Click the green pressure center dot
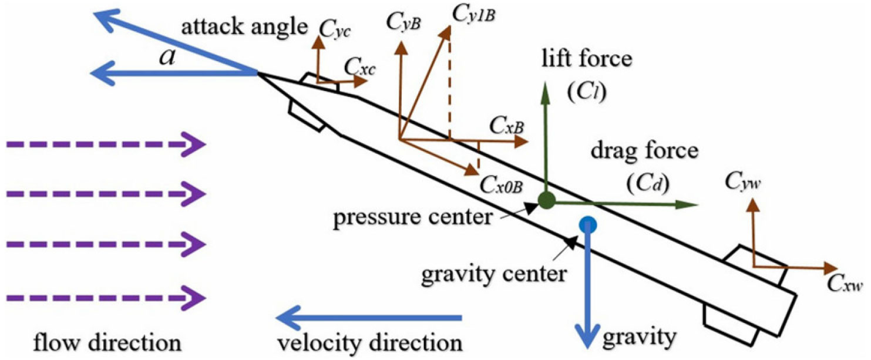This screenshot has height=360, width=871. (547, 201)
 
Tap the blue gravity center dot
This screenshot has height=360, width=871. (587, 224)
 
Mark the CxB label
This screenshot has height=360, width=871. (507, 125)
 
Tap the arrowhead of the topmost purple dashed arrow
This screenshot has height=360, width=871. (199, 144)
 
